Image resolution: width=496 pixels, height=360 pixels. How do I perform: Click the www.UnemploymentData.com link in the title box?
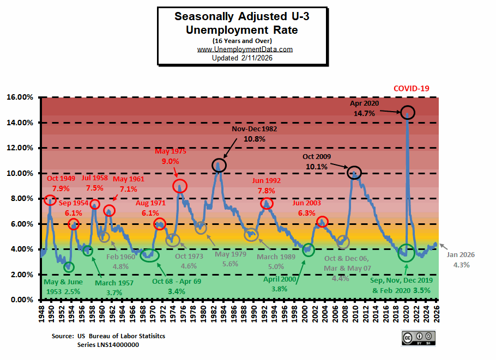pyautogui.click(x=245, y=49)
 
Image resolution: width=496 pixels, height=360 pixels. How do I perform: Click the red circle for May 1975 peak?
pyautogui.click(x=180, y=186)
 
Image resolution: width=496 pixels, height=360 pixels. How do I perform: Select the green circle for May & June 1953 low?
pyautogui.click(x=68, y=267)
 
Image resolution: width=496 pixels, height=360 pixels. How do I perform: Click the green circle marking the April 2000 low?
pyautogui.click(x=309, y=250)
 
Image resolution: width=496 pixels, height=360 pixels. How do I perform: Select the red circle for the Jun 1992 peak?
pyautogui.click(x=267, y=203)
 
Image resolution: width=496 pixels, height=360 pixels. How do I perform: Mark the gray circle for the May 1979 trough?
pyautogui.click(x=201, y=228)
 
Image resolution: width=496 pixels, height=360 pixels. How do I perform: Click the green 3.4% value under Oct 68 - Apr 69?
pyautogui.click(x=176, y=291)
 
